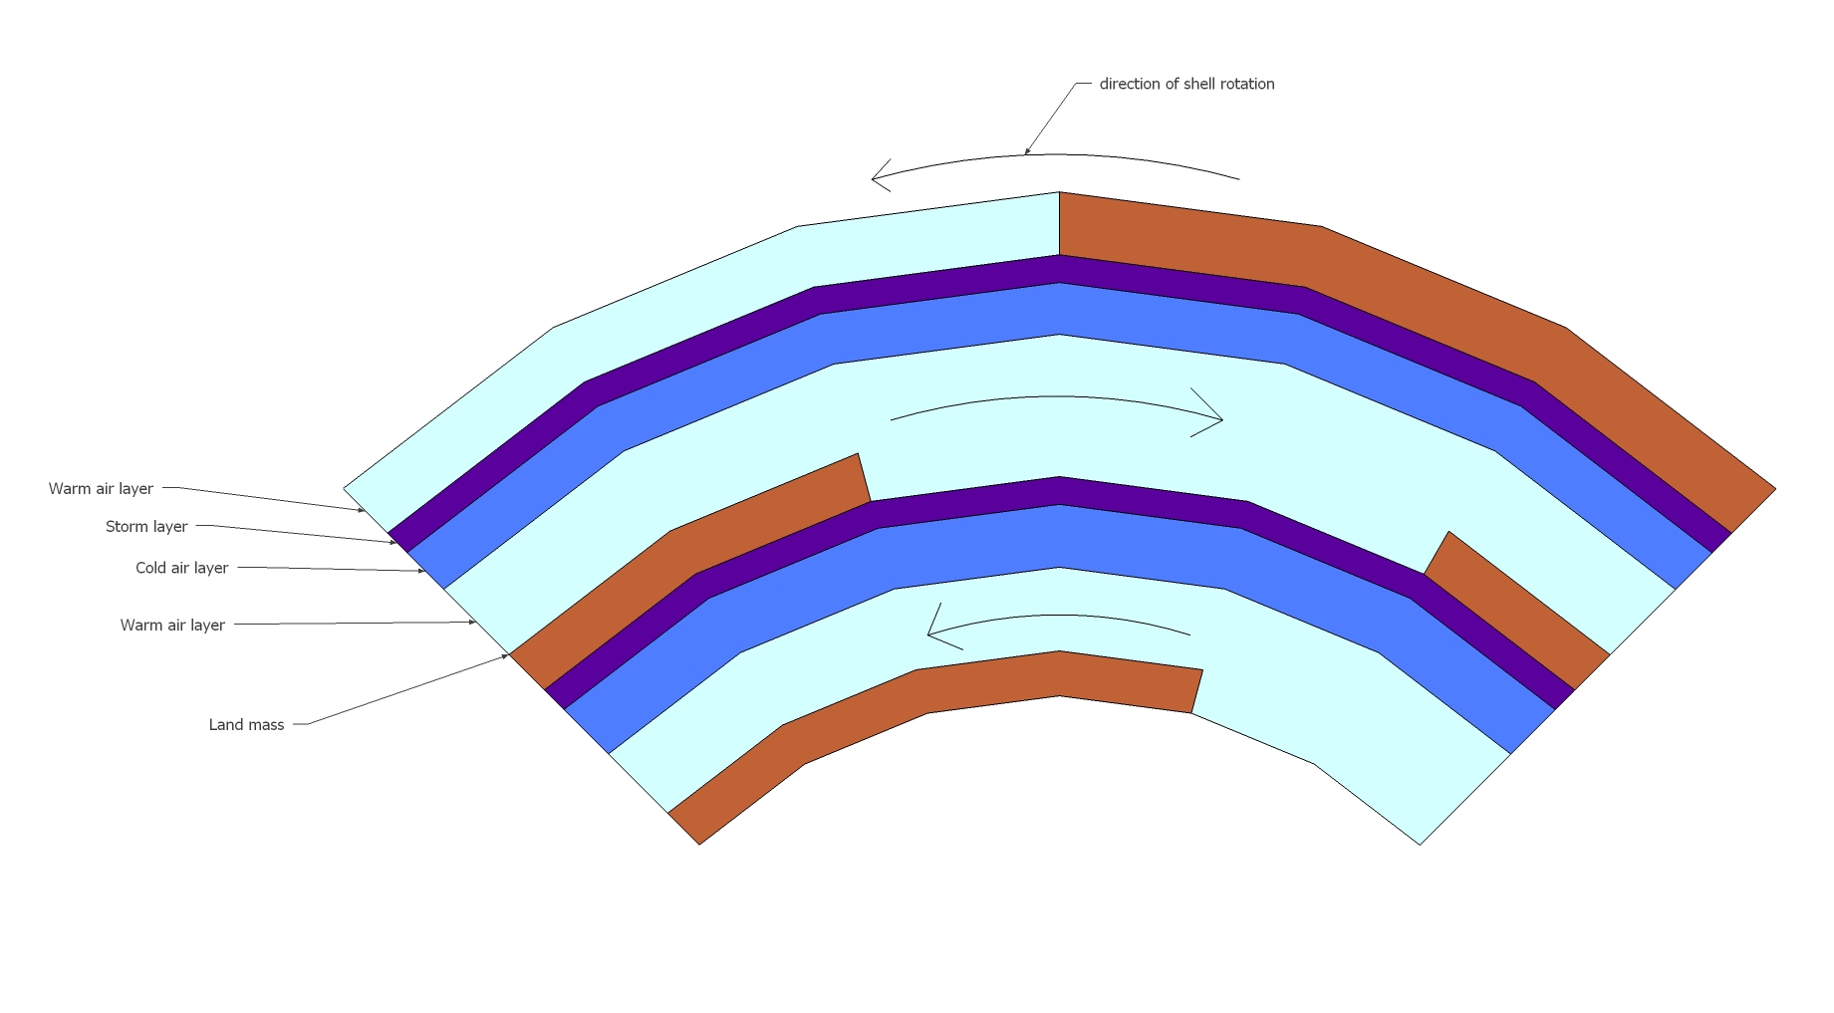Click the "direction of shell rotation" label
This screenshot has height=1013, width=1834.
pyautogui.click(x=1185, y=85)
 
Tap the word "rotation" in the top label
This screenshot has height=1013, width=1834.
pyautogui.click(x=1243, y=85)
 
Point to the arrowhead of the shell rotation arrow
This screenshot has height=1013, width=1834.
pyautogui.click(x=875, y=178)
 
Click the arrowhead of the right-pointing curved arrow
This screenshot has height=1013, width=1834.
pyautogui.click(x=1219, y=419)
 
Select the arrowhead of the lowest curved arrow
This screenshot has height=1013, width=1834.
pyautogui.click(x=930, y=634)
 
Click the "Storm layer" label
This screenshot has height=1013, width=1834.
pyautogui.click(x=146, y=527)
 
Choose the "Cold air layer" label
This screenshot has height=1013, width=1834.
pyautogui.click(x=181, y=568)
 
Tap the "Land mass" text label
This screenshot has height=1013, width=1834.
pyautogui.click(x=246, y=725)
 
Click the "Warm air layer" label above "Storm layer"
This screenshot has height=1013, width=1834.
pyautogui.click(x=101, y=489)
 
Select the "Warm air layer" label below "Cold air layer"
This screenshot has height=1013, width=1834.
pyautogui.click(x=172, y=626)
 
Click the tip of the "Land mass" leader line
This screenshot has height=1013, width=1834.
pyautogui.click(x=508, y=655)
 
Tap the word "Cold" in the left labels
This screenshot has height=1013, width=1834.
pyautogui.click(x=150, y=568)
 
